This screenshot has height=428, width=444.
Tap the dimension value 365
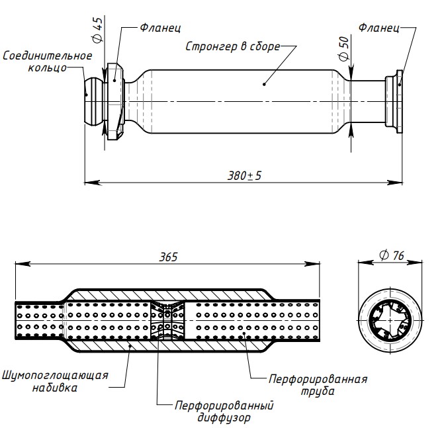(169, 257)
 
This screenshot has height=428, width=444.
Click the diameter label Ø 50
(343, 48)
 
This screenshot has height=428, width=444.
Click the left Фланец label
(160, 28)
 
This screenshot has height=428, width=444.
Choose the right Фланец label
(378, 28)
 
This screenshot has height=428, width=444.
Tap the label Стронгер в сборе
(232, 47)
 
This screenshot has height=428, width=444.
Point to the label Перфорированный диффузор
(224, 411)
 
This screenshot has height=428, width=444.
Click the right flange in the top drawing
(395, 100)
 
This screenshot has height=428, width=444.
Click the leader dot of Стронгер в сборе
(263, 83)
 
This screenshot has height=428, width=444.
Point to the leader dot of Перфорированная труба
(245, 335)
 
